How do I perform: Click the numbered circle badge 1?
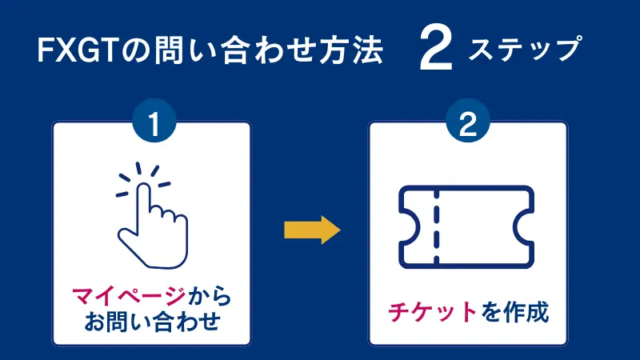click(x=152, y=125)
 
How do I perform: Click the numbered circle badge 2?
click(x=468, y=125)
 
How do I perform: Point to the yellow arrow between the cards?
click(x=312, y=231)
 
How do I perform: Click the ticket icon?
click(x=467, y=226)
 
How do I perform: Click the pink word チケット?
click(x=431, y=310)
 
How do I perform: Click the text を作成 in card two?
click(x=514, y=310)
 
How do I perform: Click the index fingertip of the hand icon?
click(x=144, y=189)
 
